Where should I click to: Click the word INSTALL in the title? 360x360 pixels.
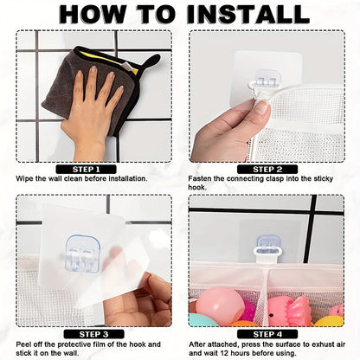tap(248, 14)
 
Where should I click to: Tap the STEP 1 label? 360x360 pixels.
tap(86, 170)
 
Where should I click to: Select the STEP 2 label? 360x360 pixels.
tap(267, 170)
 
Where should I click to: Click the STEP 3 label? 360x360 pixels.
tap(94, 334)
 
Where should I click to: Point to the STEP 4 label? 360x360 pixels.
tap(267, 334)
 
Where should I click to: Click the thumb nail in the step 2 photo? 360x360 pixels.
tap(264, 106)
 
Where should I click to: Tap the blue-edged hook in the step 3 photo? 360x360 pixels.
tap(82, 254)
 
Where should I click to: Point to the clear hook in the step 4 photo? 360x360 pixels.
tap(268, 245)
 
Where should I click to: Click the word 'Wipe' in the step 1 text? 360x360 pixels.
tap(24, 178)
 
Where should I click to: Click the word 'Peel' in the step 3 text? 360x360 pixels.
tap(23, 344)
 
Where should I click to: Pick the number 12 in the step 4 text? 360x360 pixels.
tap(225, 353)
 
